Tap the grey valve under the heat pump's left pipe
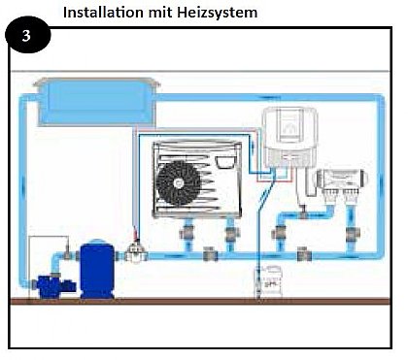tap(185, 233)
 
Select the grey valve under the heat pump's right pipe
tap(229, 233)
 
